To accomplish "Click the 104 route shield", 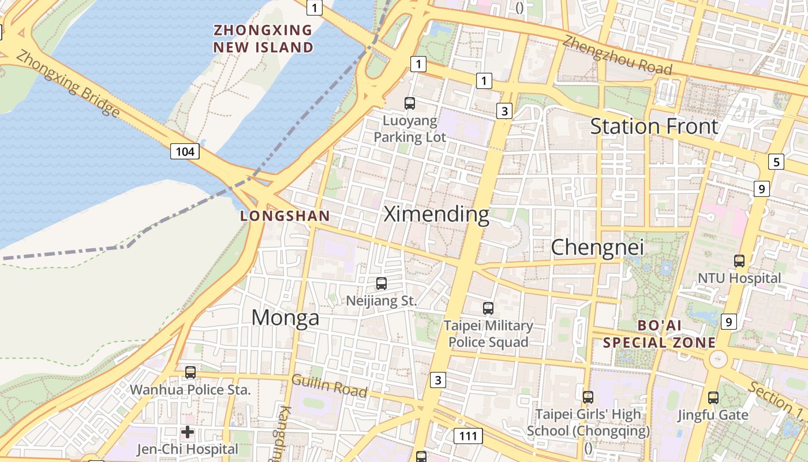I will click(x=185, y=152).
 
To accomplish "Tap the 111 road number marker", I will click(x=468, y=435).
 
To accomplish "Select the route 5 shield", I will click(x=776, y=162).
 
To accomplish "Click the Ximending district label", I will click(x=436, y=214).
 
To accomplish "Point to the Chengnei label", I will click(x=597, y=247).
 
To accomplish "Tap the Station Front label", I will click(x=654, y=126).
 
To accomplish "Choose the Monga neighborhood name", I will click(x=285, y=317).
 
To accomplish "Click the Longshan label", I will click(x=285, y=216).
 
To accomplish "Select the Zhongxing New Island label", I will click(x=263, y=39).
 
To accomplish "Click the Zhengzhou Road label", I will click(x=618, y=55).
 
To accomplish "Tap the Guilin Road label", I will click(x=330, y=386).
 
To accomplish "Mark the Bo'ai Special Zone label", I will click(x=660, y=334).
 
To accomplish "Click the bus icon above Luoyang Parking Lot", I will click(x=410, y=103).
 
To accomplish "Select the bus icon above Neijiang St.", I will click(x=381, y=284).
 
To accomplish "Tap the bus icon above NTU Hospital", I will click(x=739, y=261).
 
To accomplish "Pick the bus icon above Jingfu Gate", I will click(x=713, y=398).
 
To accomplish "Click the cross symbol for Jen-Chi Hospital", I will click(x=188, y=432).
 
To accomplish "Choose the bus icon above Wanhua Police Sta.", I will click(x=190, y=372).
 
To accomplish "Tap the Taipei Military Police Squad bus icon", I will click(x=488, y=308).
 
